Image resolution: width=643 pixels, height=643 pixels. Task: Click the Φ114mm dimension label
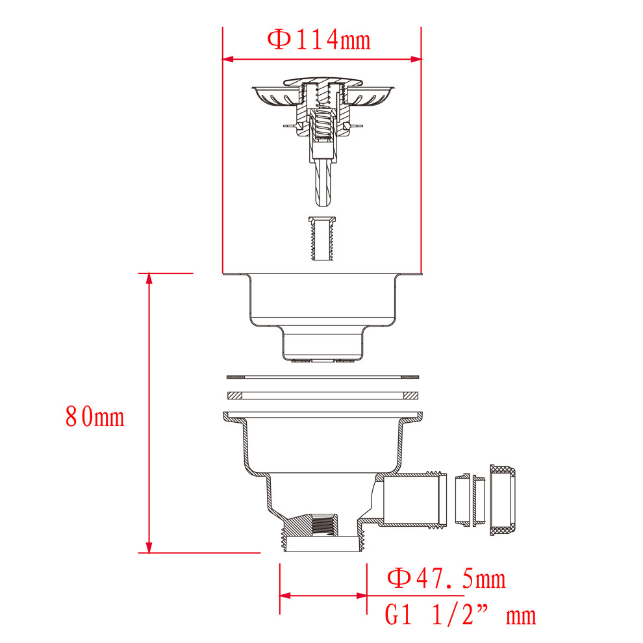click(319, 40)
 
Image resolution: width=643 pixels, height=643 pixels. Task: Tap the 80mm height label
click(95, 416)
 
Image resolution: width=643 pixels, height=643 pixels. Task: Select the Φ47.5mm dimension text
click(446, 578)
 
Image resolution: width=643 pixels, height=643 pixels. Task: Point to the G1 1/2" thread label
click(460, 615)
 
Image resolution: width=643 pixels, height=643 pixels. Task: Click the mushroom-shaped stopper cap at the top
click(323, 82)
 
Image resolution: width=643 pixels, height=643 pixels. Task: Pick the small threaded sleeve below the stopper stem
click(322, 238)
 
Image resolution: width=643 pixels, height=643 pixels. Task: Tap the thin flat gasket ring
click(323, 377)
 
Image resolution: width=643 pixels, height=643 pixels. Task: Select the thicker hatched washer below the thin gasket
click(323, 396)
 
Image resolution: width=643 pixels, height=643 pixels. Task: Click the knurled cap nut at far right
click(503, 500)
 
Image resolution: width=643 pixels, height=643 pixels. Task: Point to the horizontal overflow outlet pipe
click(414, 499)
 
